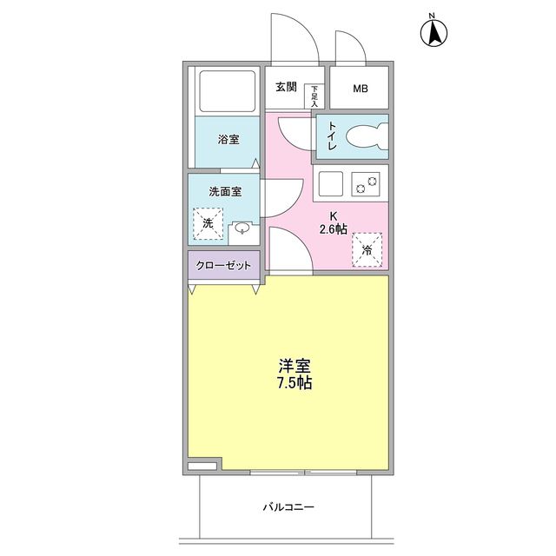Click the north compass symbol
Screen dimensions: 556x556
click(x=434, y=32)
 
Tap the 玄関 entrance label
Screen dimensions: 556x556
click(x=286, y=87)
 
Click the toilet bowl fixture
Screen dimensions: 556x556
click(x=365, y=136)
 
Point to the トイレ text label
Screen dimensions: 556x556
click(x=331, y=136)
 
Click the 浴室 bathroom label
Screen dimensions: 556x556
click(x=228, y=139)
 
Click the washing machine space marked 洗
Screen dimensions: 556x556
click(x=207, y=222)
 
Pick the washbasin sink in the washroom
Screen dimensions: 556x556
click(x=242, y=228)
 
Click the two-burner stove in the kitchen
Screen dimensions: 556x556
click(x=365, y=183)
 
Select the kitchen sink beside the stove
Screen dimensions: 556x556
click(x=330, y=183)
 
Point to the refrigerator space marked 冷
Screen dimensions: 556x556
click(x=367, y=249)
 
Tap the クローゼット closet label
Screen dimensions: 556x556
click(x=223, y=266)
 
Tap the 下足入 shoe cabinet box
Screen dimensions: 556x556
click(x=314, y=96)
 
